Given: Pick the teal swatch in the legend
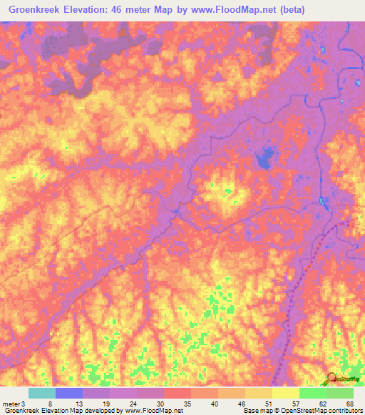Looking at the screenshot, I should [x=41, y=393].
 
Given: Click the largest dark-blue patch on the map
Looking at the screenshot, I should [x=266, y=158].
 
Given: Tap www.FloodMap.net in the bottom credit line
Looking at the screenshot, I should [x=153, y=411].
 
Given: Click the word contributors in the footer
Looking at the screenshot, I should [x=344, y=411].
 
